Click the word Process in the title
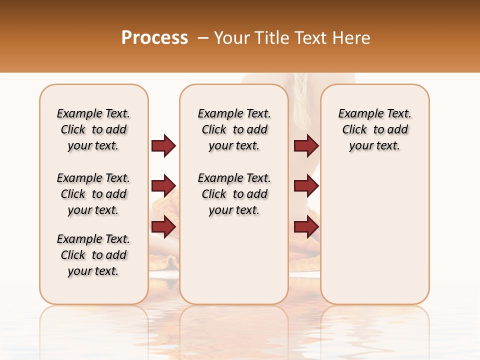(154, 37)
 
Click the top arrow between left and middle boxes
(163, 145)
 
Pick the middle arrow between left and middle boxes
(163, 186)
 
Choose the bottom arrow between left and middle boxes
(163, 226)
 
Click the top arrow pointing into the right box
(306, 145)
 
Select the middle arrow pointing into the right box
(306, 186)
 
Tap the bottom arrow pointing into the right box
(306, 227)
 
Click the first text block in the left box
(93, 129)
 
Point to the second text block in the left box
(93, 194)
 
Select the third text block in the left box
(93, 255)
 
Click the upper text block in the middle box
(234, 129)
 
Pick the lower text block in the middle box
(234, 194)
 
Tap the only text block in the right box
(374, 129)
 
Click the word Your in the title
(232, 37)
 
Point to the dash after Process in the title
(203, 37)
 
